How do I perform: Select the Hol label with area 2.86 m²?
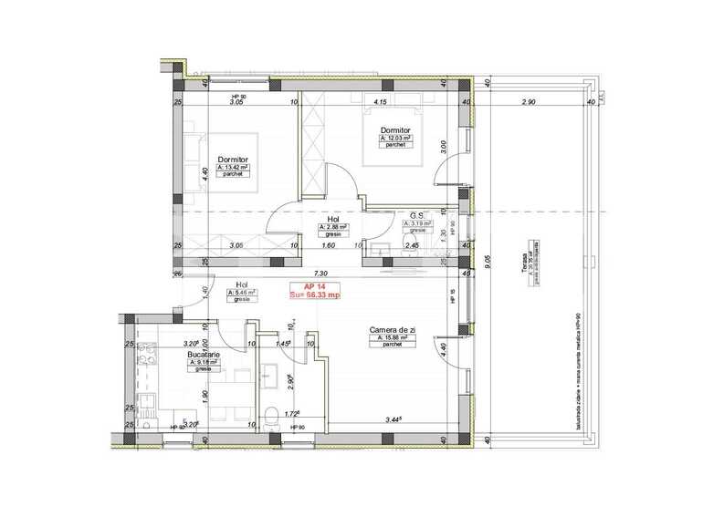coord(333,219)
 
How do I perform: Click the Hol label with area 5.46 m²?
coord(242,284)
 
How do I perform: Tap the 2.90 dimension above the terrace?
coord(528,102)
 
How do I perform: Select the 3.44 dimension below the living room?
coord(395,420)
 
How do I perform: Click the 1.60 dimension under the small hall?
coord(329,246)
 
